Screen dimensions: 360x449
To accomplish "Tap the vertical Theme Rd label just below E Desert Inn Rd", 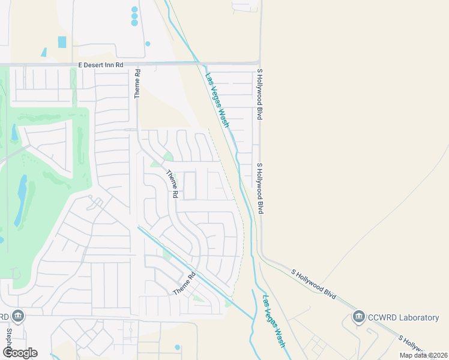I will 137,84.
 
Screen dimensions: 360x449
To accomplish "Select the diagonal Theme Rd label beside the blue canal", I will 185,283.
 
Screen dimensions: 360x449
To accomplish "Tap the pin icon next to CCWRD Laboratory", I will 359,316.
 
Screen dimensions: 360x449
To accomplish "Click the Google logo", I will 20,353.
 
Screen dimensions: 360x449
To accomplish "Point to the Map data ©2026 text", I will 424,355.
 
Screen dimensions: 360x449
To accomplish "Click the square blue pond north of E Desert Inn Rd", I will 62,42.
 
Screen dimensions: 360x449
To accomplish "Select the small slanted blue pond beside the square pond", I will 44,52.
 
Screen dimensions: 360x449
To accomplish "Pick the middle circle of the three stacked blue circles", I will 134,16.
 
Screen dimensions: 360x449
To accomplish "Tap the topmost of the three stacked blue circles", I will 134,10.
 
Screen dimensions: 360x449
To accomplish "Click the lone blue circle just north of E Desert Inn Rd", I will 148,44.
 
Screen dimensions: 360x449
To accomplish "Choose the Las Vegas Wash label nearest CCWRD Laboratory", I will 273,320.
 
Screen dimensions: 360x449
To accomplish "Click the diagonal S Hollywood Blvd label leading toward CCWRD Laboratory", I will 313,284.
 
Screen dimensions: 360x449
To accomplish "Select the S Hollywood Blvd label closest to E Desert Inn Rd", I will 261,95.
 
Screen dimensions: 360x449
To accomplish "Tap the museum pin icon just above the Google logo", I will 17,316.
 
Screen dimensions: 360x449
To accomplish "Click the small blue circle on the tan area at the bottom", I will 177,347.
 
